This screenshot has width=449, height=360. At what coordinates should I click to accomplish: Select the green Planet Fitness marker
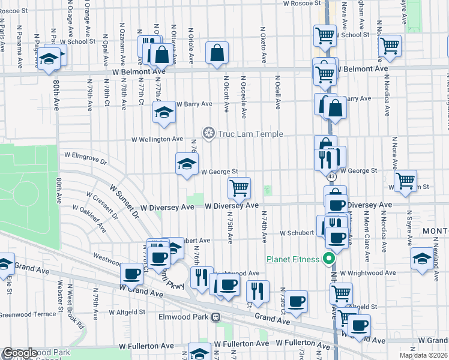[x=328, y=259]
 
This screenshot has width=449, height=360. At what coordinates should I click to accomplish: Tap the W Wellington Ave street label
[x=158, y=139]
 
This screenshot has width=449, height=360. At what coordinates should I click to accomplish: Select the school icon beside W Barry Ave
[x=164, y=112]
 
